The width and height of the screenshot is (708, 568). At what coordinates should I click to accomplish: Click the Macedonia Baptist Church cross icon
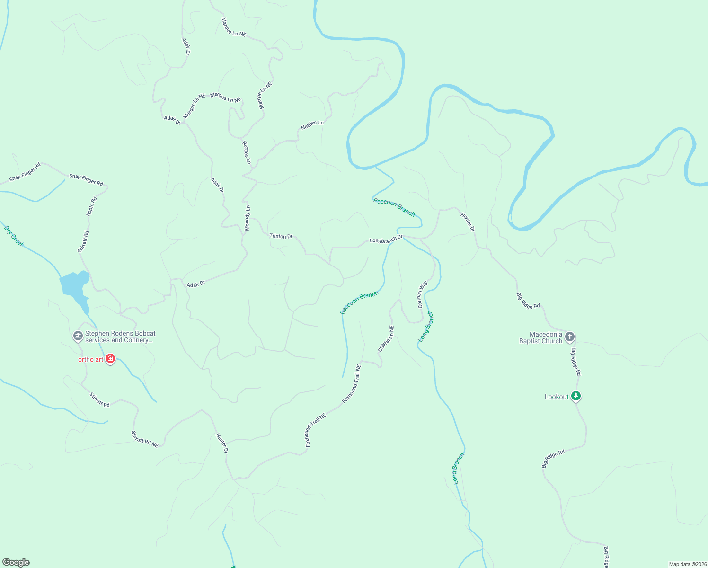[570, 337]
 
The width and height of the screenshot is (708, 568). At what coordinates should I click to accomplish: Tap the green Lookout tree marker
[575, 396]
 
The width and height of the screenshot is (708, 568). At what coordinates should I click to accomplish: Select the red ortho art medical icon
[110, 359]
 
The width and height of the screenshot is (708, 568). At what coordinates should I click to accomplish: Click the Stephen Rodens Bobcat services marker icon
[78, 336]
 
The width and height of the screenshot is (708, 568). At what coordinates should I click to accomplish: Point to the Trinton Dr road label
[281, 236]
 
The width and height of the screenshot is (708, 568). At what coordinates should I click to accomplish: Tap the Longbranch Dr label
[386, 239]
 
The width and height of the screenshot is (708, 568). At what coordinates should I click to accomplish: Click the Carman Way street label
[422, 294]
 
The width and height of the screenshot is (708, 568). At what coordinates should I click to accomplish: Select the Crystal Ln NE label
[386, 338]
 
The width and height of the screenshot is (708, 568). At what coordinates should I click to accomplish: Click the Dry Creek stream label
[14, 236]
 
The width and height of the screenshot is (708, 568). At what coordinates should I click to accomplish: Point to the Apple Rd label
[91, 206]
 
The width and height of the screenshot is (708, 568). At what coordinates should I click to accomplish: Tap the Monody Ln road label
[247, 218]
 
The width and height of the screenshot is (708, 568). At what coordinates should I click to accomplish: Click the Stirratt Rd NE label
[144, 439]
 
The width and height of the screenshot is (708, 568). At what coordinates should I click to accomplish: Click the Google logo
[16, 562]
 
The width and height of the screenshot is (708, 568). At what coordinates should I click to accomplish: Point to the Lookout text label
[557, 397]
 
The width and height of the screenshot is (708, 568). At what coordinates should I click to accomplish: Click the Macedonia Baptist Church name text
[541, 337]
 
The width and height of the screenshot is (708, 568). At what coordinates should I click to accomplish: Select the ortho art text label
[90, 359]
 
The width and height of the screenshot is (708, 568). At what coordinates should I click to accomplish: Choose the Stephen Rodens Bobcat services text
[120, 337]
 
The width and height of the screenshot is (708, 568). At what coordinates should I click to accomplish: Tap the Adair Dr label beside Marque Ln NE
[172, 120]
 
